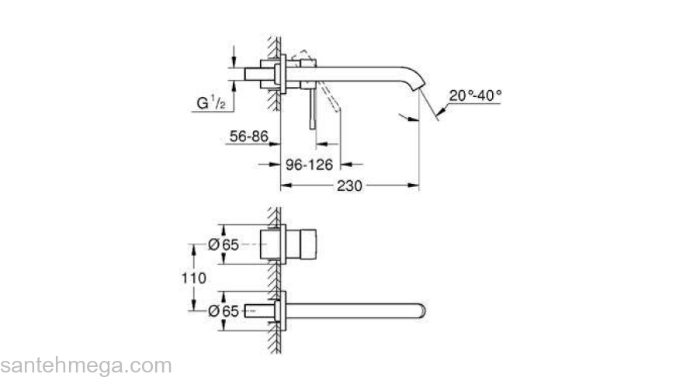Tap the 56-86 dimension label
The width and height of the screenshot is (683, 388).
click(249, 137)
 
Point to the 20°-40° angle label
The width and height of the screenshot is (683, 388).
click(475, 95)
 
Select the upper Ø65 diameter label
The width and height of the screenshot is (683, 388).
click(223, 244)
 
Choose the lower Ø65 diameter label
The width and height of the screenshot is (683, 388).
click(223, 311)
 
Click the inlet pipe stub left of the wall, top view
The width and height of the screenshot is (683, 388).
click(258, 73)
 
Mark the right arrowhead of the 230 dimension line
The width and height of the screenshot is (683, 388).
click(414, 185)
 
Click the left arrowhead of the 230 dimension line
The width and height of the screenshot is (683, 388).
click(285, 185)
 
